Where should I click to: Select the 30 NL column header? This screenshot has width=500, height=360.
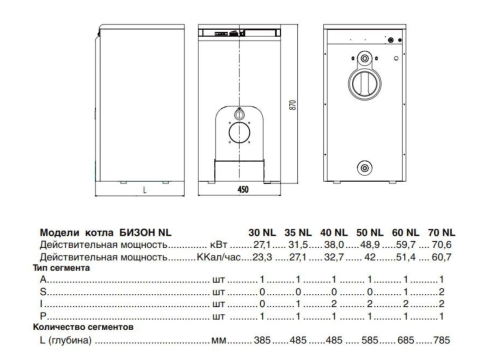[260, 230]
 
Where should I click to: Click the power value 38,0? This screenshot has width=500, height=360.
[334, 243]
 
